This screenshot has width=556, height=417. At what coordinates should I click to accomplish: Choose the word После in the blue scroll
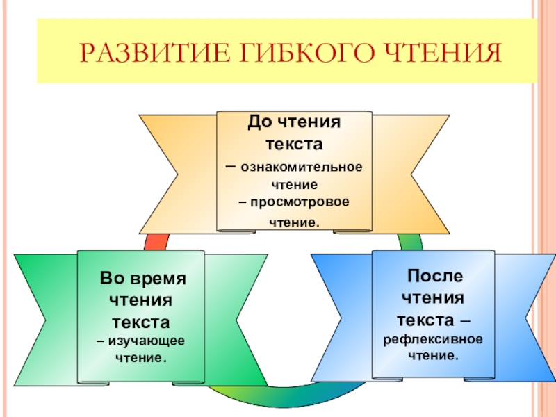click(x=434, y=276)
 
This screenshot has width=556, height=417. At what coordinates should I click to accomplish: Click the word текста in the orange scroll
click(x=293, y=145)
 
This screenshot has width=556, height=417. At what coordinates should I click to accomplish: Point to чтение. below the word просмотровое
click(x=295, y=223)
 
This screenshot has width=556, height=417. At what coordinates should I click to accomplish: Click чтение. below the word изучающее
click(x=142, y=359)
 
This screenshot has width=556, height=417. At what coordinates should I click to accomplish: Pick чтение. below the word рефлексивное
click(x=434, y=355)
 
